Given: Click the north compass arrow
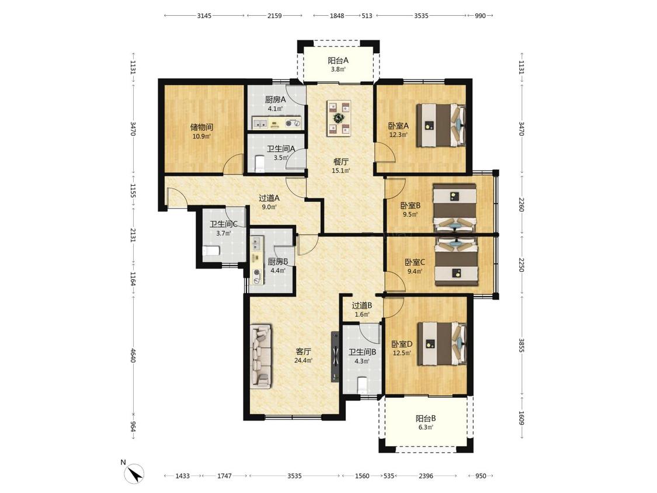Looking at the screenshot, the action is pos(135,474).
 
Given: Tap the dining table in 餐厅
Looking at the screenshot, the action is pos(339,118).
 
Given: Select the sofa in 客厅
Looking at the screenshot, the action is pos(262,356).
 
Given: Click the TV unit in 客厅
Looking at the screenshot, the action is pos(335,357).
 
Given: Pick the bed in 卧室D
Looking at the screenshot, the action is pos(442,343).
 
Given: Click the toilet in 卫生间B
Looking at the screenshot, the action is pos(363,385).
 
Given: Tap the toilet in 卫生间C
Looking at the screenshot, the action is pos(211,251).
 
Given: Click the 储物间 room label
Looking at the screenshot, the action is pos(201,127).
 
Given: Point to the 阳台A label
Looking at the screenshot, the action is pos(338,60).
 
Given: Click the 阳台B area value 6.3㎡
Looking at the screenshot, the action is pos(426,427).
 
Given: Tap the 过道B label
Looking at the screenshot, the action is pos(362,305).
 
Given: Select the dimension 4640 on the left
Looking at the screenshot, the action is pos(133,356).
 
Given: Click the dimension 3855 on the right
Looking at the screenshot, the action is pos(522,345).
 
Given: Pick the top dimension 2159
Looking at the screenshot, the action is pos(274,16).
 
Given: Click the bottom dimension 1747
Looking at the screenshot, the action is pos(225,476).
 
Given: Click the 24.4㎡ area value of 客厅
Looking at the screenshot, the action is pos(303,360).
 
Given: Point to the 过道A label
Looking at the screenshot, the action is pos(269,198).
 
